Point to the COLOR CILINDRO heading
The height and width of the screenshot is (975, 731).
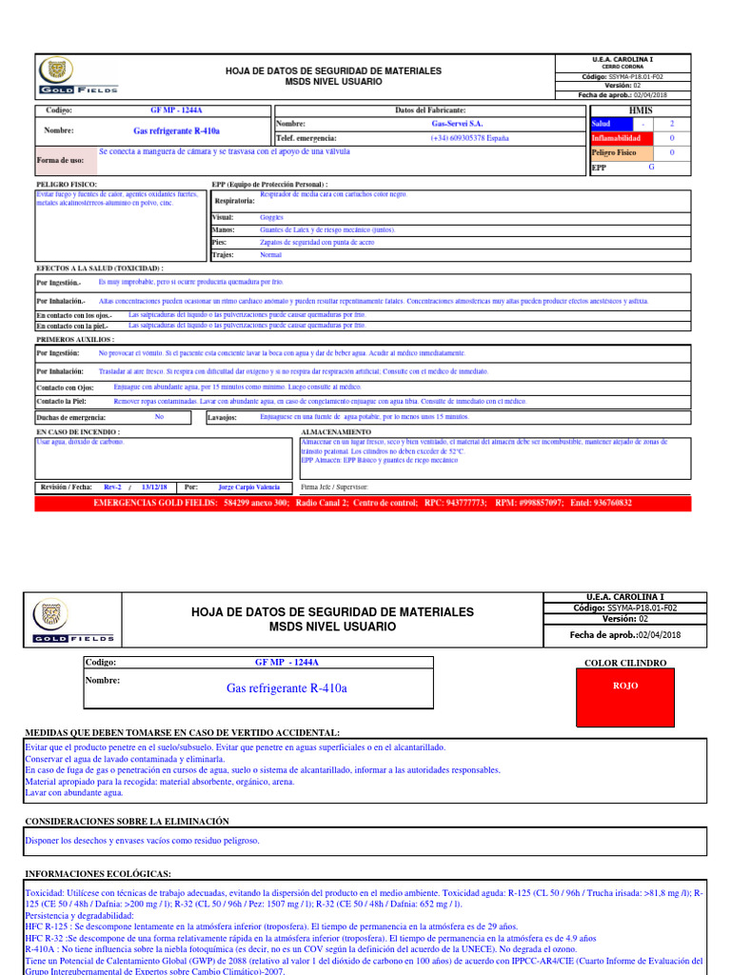point(625,662)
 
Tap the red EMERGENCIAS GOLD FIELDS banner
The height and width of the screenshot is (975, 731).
point(362,503)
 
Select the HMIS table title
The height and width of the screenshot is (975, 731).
point(642,110)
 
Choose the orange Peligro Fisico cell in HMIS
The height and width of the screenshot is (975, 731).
point(622,152)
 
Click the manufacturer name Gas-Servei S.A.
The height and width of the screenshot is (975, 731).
point(457,124)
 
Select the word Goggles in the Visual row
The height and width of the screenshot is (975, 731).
point(271,217)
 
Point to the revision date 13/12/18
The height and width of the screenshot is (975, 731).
point(154,487)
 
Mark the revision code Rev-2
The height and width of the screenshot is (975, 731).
point(112,487)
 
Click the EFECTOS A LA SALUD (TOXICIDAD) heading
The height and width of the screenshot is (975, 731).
point(99,269)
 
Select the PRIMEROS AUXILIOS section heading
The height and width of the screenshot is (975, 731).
point(75,339)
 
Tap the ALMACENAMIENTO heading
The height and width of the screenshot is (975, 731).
point(336,431)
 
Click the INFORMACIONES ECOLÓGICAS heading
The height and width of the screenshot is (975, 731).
point(98,873)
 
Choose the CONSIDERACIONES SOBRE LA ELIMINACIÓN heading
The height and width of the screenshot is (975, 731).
point(127,820)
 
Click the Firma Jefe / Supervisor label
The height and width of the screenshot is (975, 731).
point(333,487)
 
